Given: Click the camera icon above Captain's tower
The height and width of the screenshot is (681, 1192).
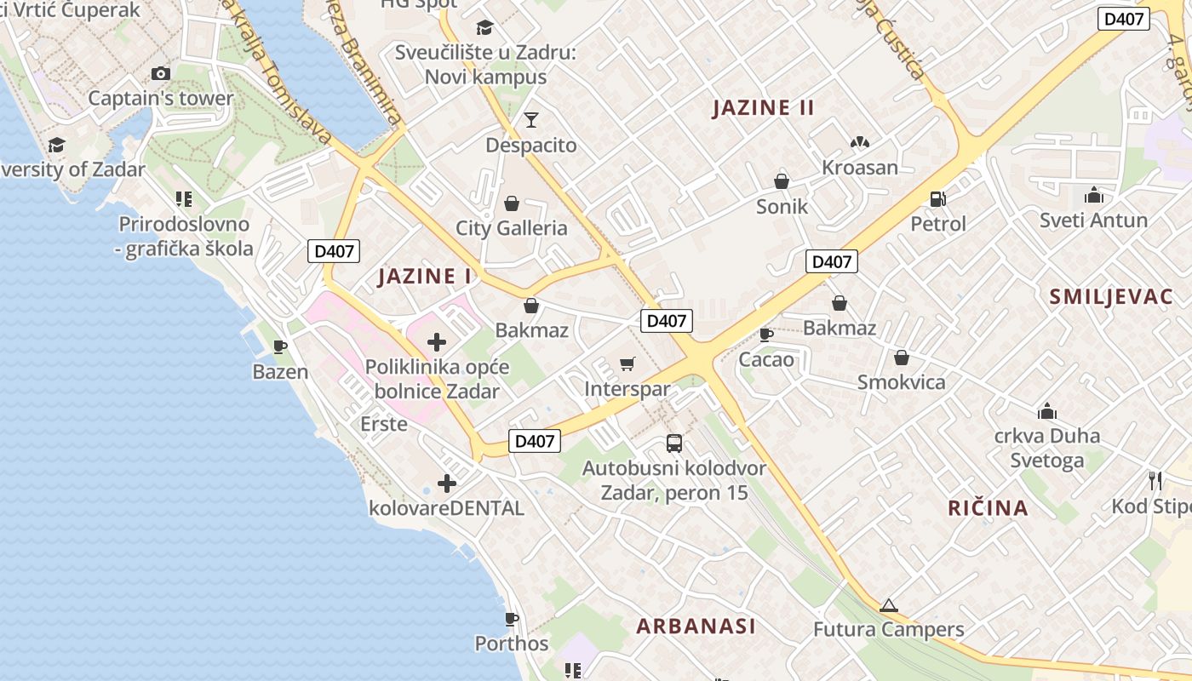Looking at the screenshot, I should pyautogui.click(x=160, y=74).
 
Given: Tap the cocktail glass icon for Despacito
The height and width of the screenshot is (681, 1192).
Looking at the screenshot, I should pyautogui.click(x=531, y=120).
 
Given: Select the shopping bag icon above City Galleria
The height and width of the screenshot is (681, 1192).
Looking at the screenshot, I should pyautogui.click(x=512, y=203).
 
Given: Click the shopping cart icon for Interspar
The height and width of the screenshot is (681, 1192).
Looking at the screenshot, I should pyautogui.click(x=628, y=364).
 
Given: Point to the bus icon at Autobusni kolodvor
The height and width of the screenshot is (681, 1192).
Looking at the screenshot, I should pyautogui.click(x=674, y=444).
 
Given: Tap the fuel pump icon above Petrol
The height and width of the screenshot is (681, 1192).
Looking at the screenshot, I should pyautogui.click(x=938, y=199).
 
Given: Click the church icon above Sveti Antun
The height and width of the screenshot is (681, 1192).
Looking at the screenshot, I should pyautogui.click(x=1094, y=196).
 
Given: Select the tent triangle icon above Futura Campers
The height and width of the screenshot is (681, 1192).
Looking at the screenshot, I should pyautogui.click(x=889, y=605).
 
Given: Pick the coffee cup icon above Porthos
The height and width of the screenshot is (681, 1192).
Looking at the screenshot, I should pyautogui.click(x=512, y=619).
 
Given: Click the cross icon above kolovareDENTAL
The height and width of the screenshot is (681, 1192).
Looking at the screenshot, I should pyautogui.click(x=446, y=484).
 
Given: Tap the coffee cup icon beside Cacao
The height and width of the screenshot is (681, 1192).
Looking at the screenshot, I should pyautogui.click(x=766, y=335).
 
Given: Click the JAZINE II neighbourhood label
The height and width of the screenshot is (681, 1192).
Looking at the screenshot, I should pyautogui.click(x=764, y=108).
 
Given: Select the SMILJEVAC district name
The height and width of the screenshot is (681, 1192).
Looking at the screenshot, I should pyautogui.click(x=1111, y=297).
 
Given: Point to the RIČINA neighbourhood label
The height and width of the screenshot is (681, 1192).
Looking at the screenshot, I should pyautogui.click(x=989, y=508).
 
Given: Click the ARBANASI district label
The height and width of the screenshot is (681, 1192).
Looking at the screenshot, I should pyautogui.click(x=696, y=627).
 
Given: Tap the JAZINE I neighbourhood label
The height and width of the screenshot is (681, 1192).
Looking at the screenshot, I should pyautogui.click(x=425, y=276).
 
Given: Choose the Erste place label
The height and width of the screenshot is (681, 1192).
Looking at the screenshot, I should pyautogui.click(x=384, y=423).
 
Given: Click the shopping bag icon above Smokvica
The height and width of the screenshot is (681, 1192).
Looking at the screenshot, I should pyautogui.click(x=902, y=358).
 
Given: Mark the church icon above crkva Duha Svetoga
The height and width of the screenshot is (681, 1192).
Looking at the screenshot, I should pyautogui.click(x=1047, y=412).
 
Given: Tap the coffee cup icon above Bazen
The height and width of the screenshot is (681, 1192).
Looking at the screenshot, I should pyautogui.click(x=280, y=346).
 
